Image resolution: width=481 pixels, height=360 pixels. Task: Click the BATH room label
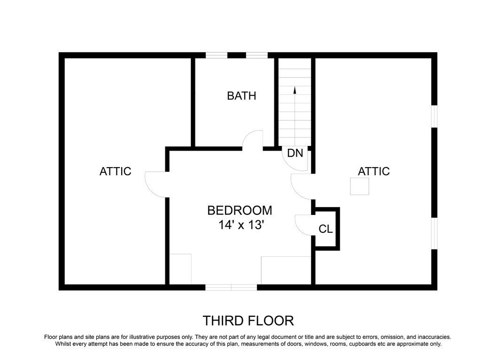[241, 96]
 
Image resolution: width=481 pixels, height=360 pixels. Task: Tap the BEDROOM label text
[240, 210]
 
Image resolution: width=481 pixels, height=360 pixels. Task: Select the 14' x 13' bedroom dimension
[240, 225]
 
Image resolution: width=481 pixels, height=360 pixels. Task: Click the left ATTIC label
[115, 171]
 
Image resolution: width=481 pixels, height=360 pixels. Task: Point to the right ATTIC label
[374, 171]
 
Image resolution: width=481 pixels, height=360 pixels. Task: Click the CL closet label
[326, 229]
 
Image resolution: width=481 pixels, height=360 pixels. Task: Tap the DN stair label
[295, 153]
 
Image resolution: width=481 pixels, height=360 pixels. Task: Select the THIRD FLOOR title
[248, 321]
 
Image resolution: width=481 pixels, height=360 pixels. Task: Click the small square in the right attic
[360, 186]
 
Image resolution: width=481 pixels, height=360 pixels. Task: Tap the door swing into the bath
[253, 139]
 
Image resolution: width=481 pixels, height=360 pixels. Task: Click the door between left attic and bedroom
[155, 184]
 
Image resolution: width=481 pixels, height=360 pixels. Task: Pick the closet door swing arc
[303, 225]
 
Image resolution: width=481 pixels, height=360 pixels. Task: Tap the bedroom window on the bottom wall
[231, 287]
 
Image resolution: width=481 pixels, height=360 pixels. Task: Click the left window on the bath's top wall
[217, 55]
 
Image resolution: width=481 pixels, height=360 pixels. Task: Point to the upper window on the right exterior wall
[434, 116]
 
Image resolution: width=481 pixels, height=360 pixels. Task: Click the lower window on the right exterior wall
[434, 232]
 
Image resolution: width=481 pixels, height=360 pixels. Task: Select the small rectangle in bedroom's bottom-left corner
[180, 268]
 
